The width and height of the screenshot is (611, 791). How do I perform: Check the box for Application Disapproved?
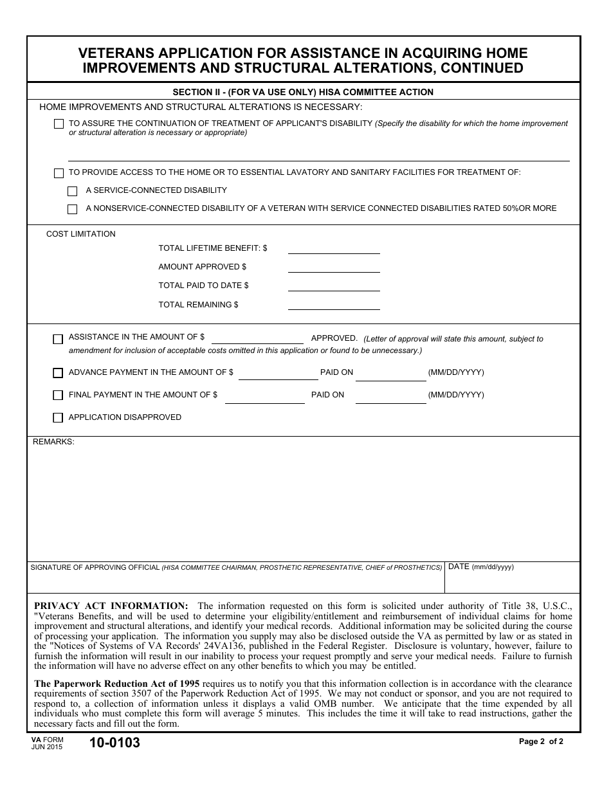58,418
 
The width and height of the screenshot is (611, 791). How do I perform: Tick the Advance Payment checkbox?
58,373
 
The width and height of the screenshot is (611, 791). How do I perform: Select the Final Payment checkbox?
58,395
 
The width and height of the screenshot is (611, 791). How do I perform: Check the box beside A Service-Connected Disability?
73,191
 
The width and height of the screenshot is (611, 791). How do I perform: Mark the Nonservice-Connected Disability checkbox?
73,209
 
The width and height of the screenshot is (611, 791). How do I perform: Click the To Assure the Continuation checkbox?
59,124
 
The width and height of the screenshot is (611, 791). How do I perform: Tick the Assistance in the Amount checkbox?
58,339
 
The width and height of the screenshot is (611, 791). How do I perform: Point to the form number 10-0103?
114,743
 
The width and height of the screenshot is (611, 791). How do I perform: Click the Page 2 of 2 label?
541,741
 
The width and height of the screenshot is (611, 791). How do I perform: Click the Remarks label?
53,442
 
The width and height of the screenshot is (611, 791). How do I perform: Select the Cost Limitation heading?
81,234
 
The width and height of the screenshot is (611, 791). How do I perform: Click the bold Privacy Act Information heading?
111,606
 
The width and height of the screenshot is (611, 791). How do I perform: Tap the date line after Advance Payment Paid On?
390,376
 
